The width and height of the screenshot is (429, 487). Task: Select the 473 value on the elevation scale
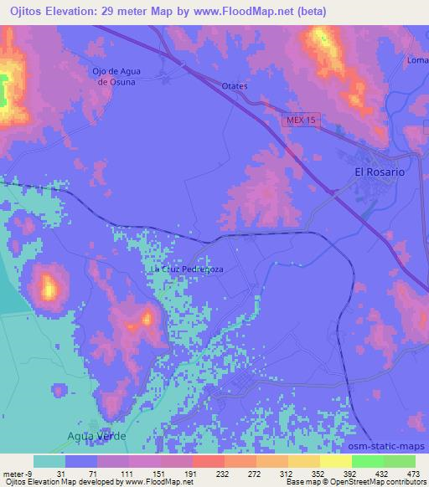click(x=413, y=474)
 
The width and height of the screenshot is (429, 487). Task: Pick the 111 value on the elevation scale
click(x=127, y=474)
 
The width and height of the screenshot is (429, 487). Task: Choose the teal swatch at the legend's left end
click(x=49, y=461)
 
